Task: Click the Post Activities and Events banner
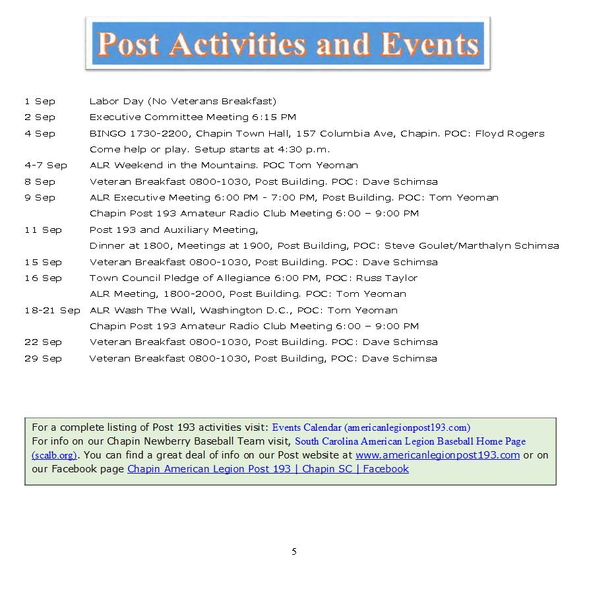[288, 44]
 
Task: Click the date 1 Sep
[40, 102]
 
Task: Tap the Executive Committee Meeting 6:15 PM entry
[193, 117]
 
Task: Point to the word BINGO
[106, 133]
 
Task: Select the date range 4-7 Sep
[46, 166]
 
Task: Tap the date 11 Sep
[43, 230]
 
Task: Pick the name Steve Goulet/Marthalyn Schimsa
[471, 246]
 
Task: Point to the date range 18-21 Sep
[52, 310]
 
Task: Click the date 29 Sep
[43, 359]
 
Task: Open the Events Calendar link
[371, 427]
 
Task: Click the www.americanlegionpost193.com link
[437, 455]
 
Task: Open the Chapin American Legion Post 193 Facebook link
[268, 469]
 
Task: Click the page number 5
[294, 551]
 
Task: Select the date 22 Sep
[43, 342]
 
